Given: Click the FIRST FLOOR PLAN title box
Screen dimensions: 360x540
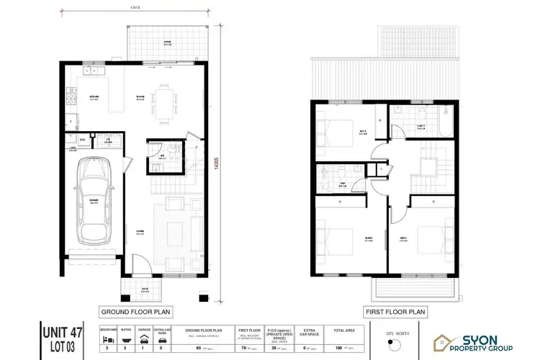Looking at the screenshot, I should click(x=395, y=312).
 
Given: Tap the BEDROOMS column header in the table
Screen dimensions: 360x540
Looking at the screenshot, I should click(x=107, y=329).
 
